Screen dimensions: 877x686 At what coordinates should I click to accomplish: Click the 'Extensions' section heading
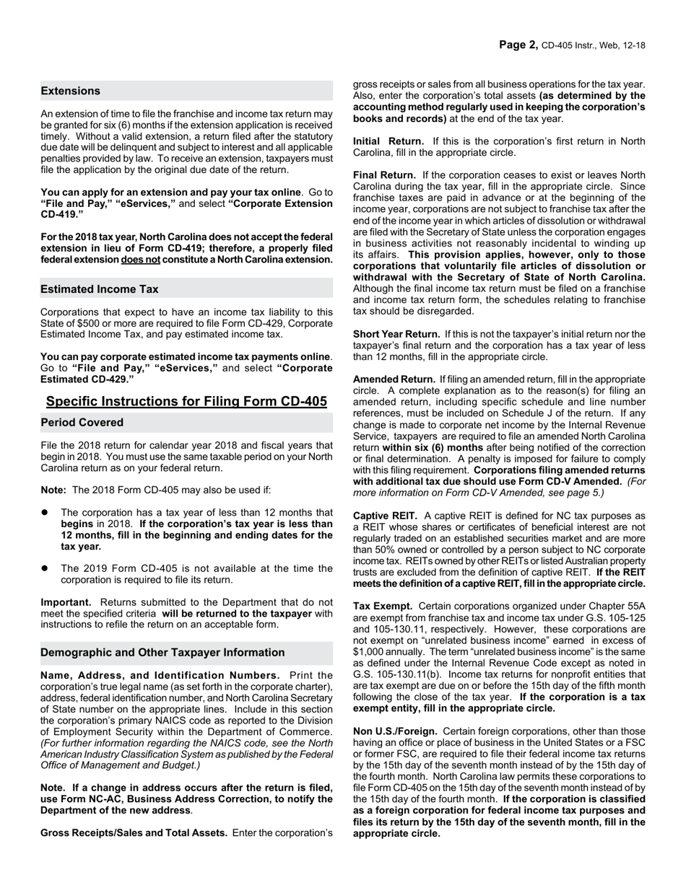point(71,91)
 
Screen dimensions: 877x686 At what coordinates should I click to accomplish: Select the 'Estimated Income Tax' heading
point(100,289)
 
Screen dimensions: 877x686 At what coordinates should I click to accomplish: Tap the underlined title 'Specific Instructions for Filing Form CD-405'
point(186,402)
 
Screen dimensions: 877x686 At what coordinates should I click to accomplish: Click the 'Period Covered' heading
point(82,423)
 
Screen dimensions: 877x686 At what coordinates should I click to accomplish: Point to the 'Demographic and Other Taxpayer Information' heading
point(162,653)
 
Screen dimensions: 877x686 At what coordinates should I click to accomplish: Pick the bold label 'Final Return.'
point(384,175)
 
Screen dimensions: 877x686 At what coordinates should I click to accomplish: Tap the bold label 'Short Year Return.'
point(396,334)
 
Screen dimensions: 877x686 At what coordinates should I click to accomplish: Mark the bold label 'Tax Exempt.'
point(383,606)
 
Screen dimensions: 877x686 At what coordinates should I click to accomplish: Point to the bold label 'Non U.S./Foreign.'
point(395,731)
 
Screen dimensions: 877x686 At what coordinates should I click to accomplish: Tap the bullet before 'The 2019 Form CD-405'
point(45,569)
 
